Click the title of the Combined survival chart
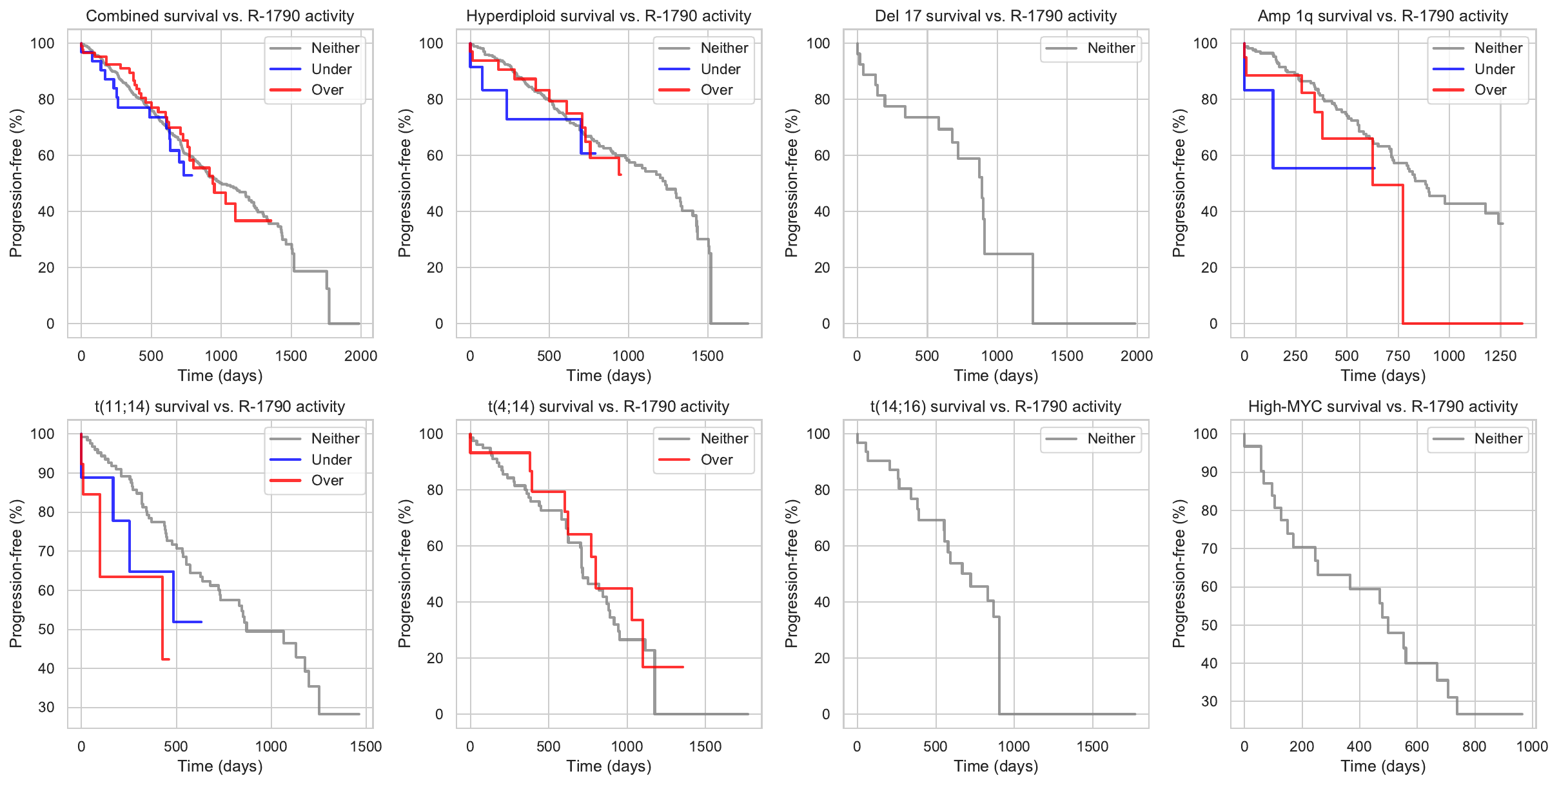220,16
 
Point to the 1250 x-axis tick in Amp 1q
1500,356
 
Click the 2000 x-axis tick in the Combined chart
360,356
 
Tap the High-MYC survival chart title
1382,407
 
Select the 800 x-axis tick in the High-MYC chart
1474,746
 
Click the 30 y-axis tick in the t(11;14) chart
46,707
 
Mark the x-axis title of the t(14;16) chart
995,766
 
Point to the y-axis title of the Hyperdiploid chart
404,183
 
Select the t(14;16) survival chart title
995,407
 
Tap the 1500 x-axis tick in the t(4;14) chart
705,746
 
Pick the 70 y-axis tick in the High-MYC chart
1209,548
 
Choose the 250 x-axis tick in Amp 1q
1295,356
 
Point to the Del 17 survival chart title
995,16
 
